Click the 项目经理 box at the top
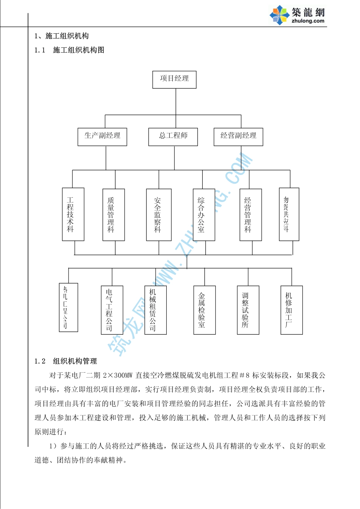(174, 80)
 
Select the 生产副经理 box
(102, 137)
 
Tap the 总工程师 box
(173, 137)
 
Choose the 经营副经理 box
(238, 137)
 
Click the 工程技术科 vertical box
(73, 214)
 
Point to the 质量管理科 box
(113, 215)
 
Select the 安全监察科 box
(159, 215)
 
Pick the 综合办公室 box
(203, 215)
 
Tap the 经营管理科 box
(250, 215)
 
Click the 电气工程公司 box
(112, 310)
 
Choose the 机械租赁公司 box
(155, 310)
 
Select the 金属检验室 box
(204, 310)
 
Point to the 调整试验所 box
(248, 310)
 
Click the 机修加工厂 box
(291, 310)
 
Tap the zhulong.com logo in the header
(298, 16)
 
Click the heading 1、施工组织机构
(61, 36)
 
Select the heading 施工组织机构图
(78, 50)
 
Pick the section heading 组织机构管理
(75, 361)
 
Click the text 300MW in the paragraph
(123, 375)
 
